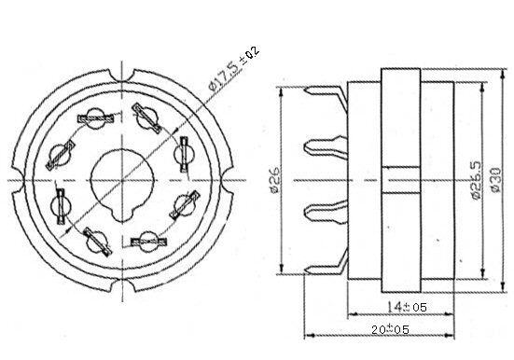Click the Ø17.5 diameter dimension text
coord(223,76)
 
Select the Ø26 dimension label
coord(274,180)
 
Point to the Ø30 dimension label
coord(495,180)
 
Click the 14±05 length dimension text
coord(407,307)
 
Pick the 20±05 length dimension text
coord(390,329)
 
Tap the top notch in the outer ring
coord(121,76)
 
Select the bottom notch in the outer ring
coord(122,284)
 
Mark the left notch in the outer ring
coord(18,180)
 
